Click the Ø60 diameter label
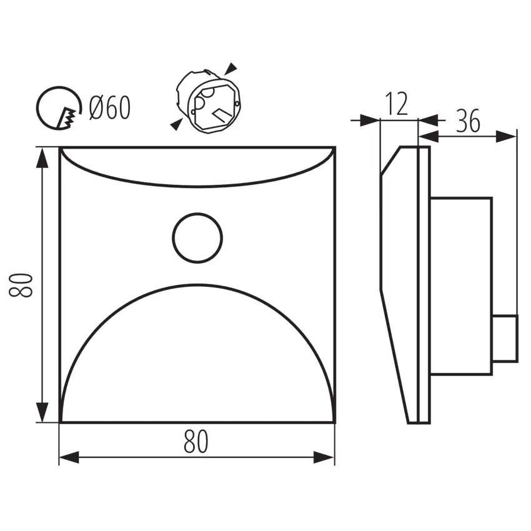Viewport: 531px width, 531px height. tap(110, 107)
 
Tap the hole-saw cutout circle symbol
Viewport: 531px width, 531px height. tap(37, 107)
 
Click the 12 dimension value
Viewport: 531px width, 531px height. tap(397, 104)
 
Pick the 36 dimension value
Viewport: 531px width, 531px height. tap(468, 121)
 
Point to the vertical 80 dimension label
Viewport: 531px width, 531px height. tap(21, 285)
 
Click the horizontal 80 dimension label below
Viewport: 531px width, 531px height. tap(196, 441)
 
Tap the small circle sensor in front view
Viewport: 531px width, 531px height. tap(197, 214)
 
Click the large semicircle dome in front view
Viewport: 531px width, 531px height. tap(197, 285)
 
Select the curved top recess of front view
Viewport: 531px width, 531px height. tap(197, 186)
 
